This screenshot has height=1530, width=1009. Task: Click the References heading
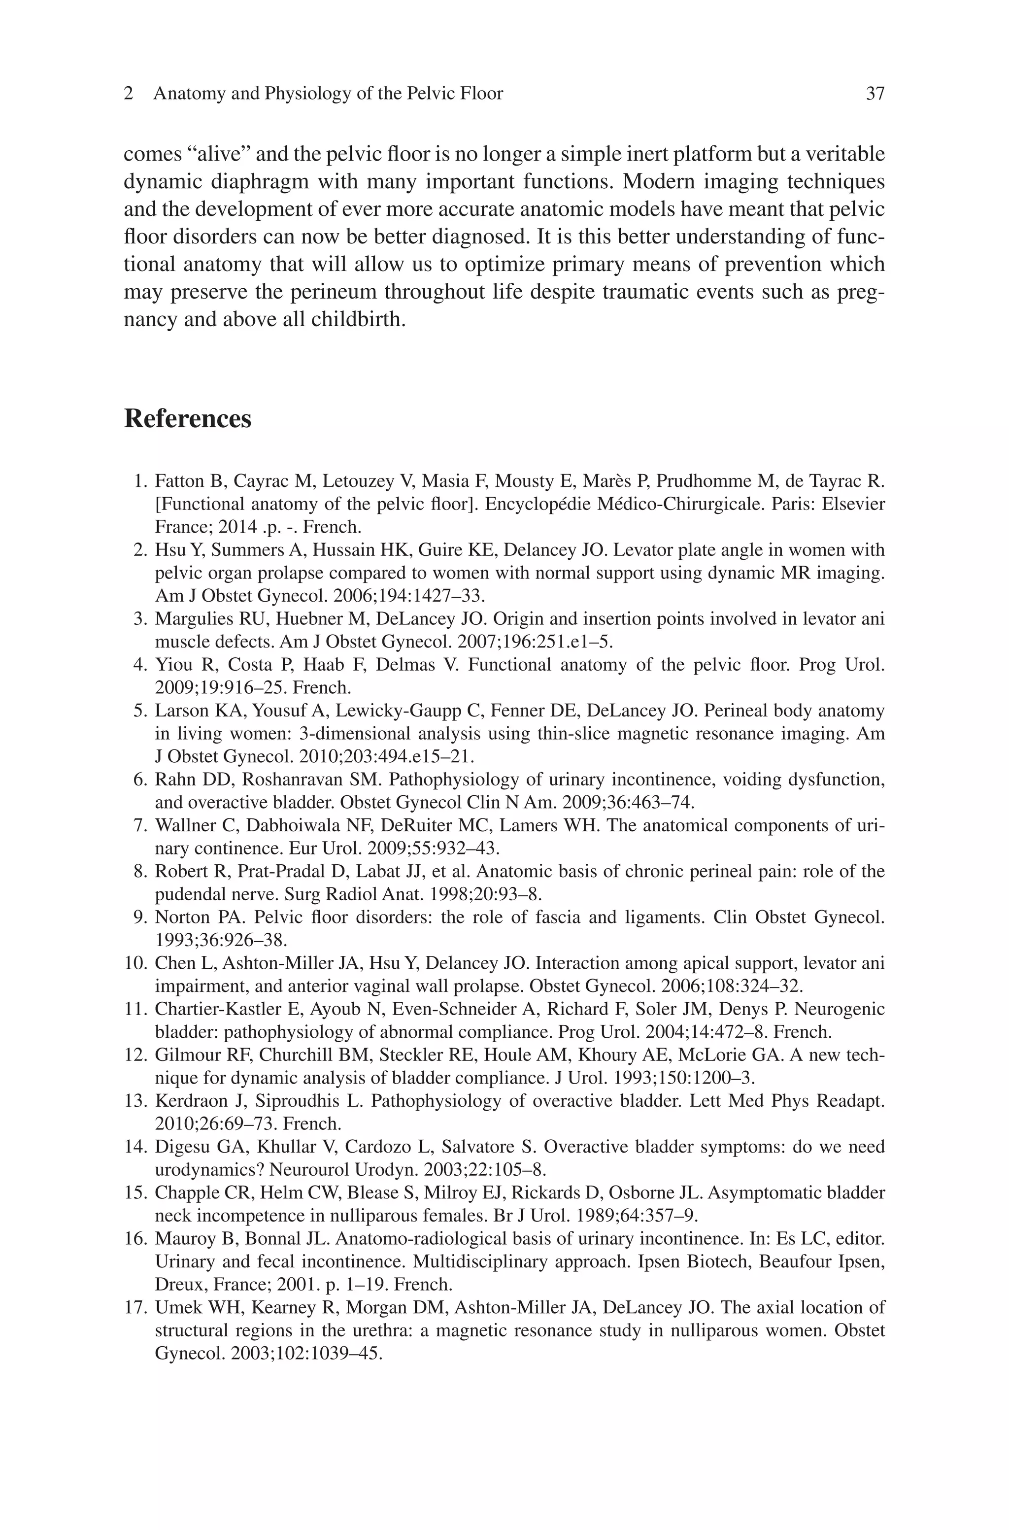187,419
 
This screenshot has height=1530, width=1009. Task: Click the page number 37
875,94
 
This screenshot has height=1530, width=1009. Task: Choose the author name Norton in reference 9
177,917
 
